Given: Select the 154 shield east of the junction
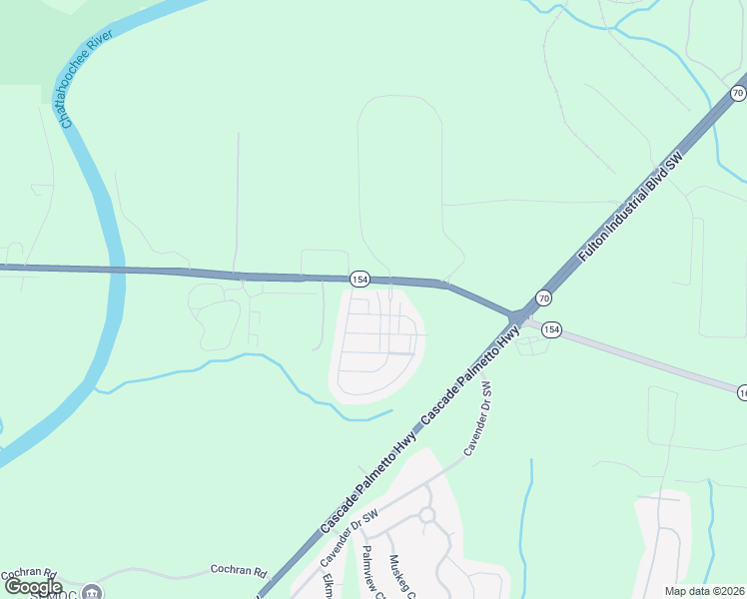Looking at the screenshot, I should click(552, 328).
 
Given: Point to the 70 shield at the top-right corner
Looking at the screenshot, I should click(737, 93).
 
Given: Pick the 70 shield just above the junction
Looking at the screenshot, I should click(543, 298).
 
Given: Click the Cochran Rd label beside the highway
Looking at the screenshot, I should click(239, 571).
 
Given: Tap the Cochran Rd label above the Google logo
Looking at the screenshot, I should click(30, 575).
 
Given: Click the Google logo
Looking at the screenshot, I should click(33, 588).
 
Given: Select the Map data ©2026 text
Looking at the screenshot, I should click(705, 591).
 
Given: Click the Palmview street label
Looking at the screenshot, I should click(372, 573).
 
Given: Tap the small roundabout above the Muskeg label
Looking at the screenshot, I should click(427, 515).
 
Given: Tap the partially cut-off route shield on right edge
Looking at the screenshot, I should click(742, 393).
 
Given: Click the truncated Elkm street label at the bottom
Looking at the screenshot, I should click(327, 584).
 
